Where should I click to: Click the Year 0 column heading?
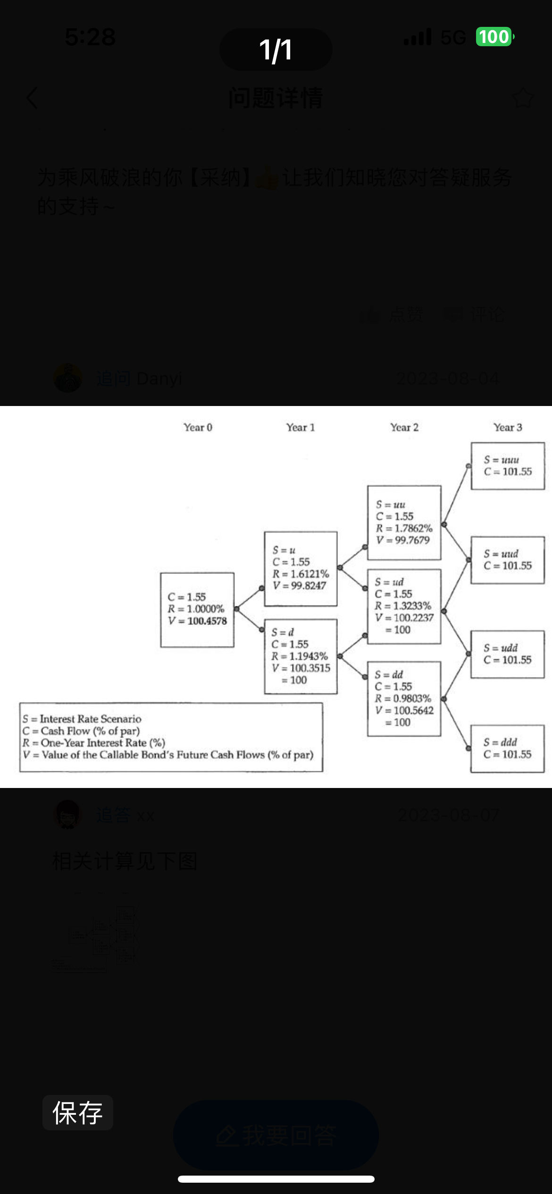198,427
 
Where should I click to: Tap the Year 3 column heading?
508,427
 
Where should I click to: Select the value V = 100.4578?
197,621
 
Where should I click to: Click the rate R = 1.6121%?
301,574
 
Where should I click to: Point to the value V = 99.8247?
299,586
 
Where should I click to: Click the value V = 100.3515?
301,668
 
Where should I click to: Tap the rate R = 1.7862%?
404,528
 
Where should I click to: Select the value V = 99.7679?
403,540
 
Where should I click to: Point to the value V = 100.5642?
404,711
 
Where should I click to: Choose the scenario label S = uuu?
501,460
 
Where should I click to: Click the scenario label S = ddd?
500,742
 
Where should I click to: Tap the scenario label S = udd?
500,648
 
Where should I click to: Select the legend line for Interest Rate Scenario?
82,719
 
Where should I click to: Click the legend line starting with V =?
168,755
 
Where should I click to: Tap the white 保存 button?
78,1113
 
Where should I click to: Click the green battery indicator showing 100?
494,37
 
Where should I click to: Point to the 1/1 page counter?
276,50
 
